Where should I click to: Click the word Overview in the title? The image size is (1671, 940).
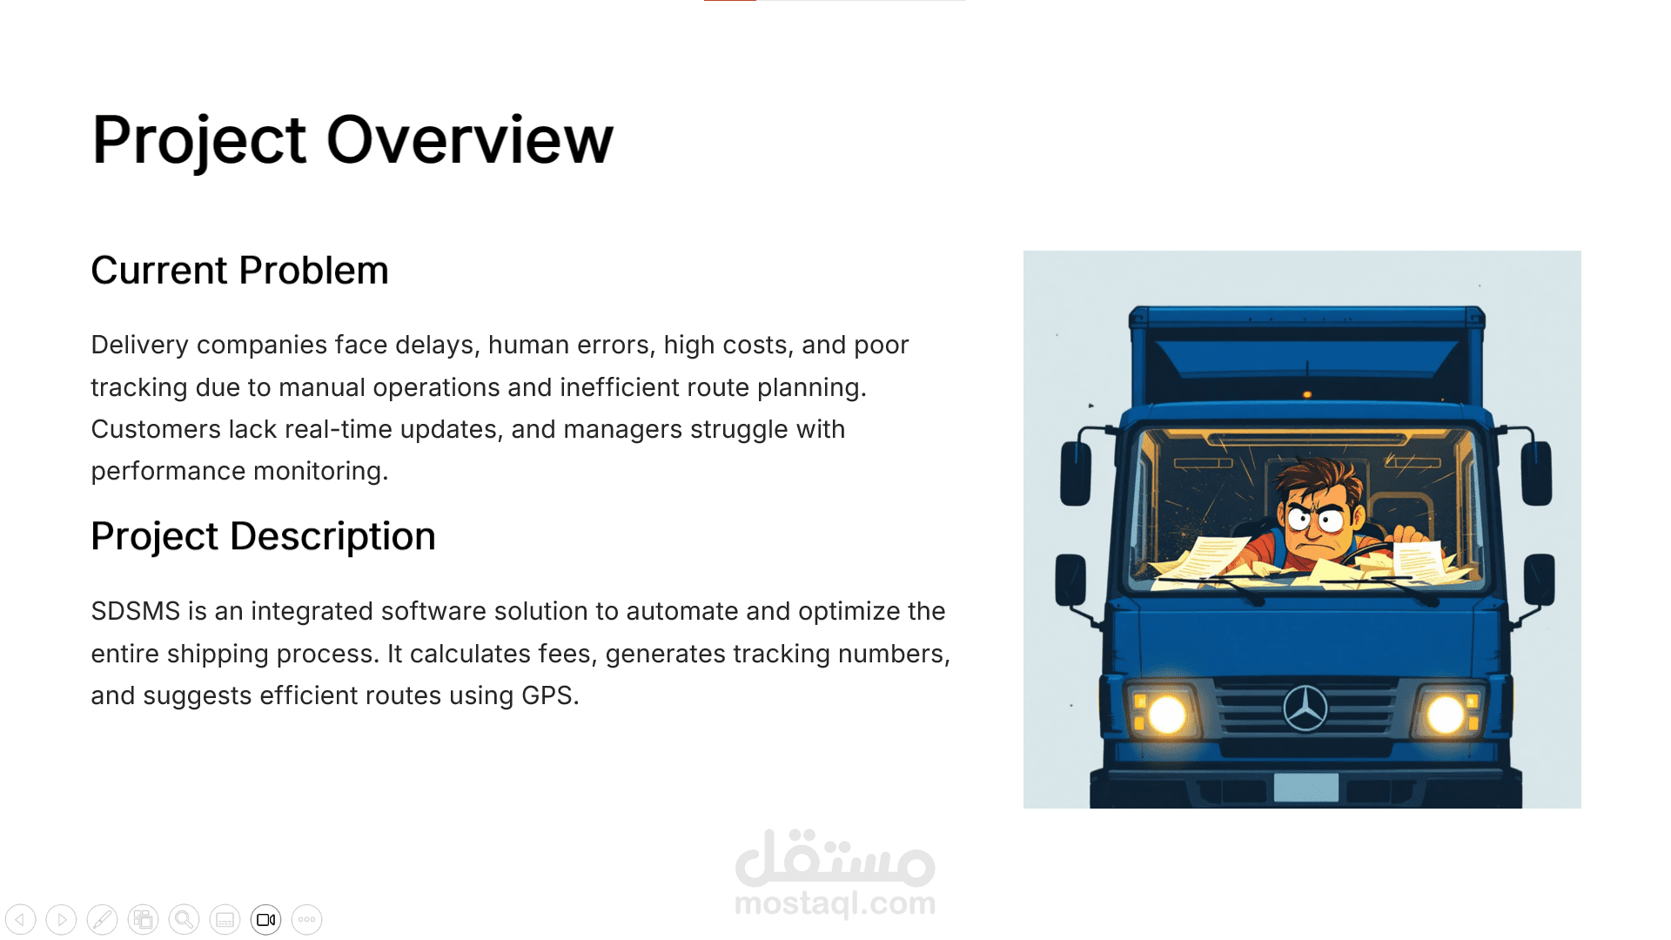point(470,139)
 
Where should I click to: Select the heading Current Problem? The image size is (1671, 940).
point(239,270)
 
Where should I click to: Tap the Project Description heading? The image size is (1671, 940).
point(263,536)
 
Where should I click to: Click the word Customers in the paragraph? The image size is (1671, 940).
point(156,429)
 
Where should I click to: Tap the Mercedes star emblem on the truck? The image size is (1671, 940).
point(1305,708)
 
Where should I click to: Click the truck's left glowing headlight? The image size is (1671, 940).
point(1166,715)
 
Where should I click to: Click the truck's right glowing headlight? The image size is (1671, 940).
point(1445,715)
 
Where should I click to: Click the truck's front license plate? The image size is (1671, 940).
point(1305,787)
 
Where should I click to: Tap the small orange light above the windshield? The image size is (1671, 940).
point(1306,394)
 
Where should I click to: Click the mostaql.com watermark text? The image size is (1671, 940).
point(835,903)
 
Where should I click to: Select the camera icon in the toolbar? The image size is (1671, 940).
point(266,919)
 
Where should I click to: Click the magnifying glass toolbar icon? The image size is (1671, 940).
point(184,919)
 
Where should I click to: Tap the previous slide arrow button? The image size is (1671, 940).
point(21,919)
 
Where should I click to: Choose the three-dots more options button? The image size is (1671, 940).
point(307,919)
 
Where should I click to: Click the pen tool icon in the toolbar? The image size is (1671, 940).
point(102,919)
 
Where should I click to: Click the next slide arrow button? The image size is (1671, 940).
point(61,919)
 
